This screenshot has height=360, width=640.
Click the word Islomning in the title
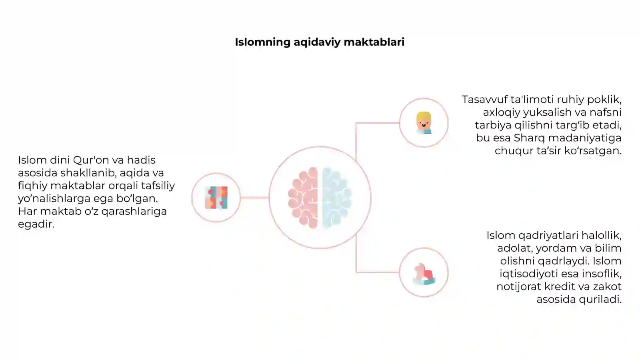pos(262,42)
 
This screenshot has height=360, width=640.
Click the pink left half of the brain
pos(304,198)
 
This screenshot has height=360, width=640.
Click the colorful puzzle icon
pos(216,198)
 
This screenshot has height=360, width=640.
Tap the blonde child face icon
pos(424,123)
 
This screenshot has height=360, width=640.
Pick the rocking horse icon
pos(424,274)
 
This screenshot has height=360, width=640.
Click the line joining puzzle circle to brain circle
pos(254,198)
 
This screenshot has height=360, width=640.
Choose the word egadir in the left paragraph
pos(36,224)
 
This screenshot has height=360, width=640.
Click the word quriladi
pos(600,300)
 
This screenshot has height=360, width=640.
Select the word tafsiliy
pos(158,186)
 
